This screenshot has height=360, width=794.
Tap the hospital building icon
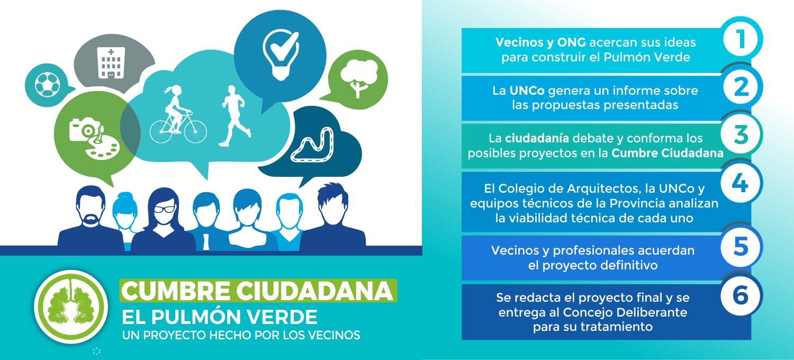(x=111, y=62)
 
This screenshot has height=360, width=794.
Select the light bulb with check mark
(x=281, y=55)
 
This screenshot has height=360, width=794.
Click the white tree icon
(x=359, y=78)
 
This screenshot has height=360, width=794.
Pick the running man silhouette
(x=234, y=116)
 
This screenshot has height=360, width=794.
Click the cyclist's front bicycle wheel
(x=195, y=132)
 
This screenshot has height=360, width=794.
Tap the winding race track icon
(x=312, y=145)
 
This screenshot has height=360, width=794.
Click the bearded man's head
(x=91, y=206)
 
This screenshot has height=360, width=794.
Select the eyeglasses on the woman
(x=164, y=209)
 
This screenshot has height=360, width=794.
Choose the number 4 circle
(x=741, y=183)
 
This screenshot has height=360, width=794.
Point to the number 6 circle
(x=741, y=295)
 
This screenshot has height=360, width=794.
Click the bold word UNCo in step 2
(x=527, y=91)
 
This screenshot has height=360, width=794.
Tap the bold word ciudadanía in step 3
(x=537, y=138)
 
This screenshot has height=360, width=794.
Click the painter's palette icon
(x=102, y=147)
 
